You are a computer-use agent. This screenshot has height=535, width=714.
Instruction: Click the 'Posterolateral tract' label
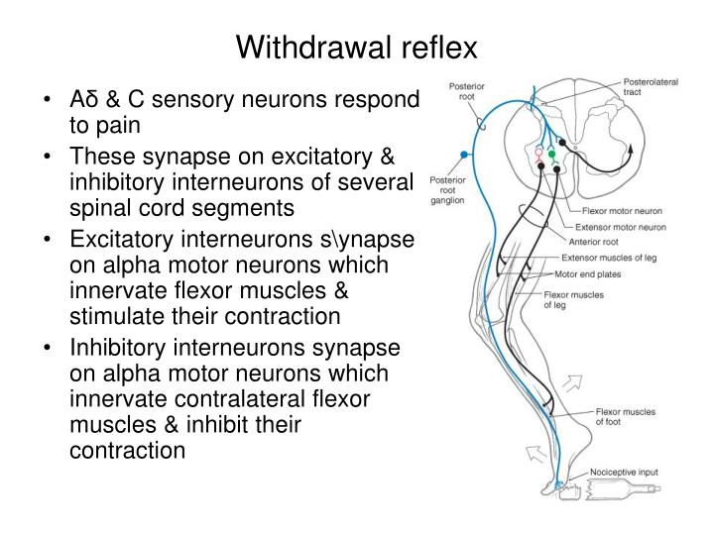(x=651, y=86)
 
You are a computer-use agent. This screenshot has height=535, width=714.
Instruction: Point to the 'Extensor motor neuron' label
(x=624, y=226)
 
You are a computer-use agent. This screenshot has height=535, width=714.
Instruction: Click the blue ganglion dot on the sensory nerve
(x=462, y=155)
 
